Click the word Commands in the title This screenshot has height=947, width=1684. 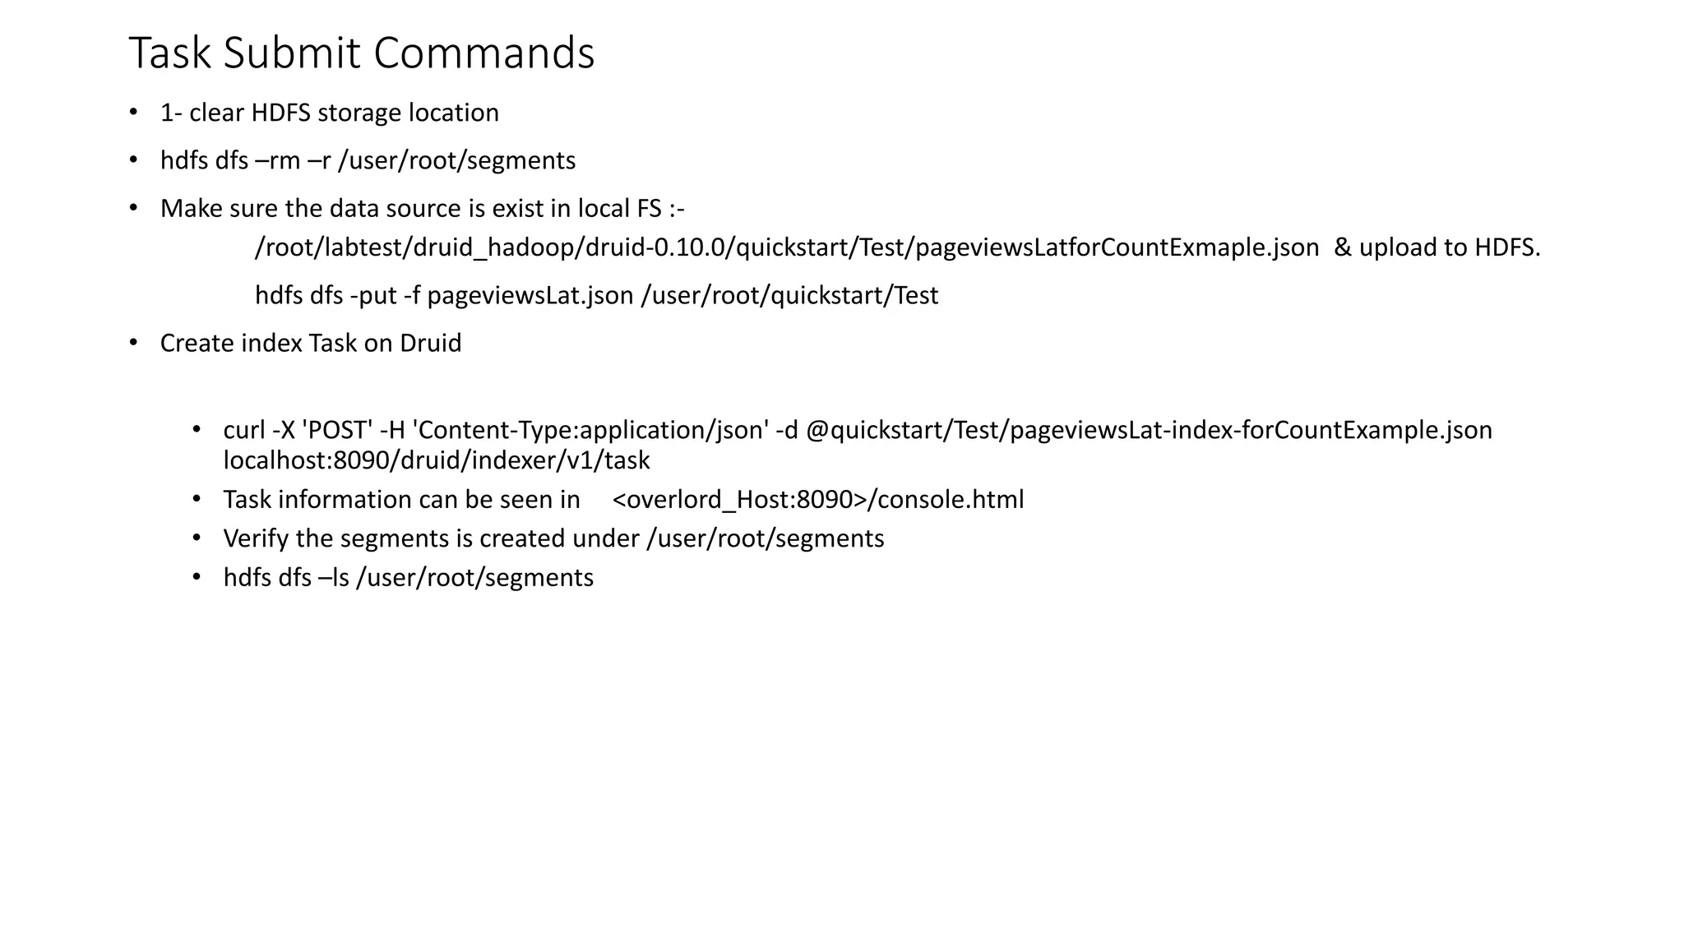click(483, 53)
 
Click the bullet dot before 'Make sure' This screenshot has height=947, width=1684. click(133, 207)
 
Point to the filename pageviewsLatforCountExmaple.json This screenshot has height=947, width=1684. click(1117, 247)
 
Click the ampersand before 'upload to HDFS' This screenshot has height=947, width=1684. click(1342, 247)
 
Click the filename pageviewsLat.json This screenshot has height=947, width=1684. click(530, 295)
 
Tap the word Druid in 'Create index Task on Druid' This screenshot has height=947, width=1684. click(430, 343)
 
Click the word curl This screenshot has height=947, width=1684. click(244, 430)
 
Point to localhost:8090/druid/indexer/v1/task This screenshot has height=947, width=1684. click(437, 460)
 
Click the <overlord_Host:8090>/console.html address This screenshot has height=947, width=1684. click(818, 500)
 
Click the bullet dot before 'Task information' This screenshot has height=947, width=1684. click(197, 499)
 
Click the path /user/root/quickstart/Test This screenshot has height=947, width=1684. click(789, 295)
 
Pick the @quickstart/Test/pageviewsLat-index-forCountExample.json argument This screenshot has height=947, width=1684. click(1149, 430)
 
